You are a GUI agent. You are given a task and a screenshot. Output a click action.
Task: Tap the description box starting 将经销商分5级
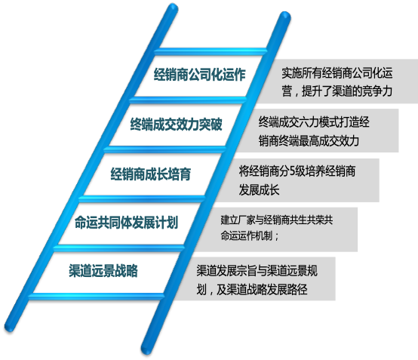click(x=306, y=180)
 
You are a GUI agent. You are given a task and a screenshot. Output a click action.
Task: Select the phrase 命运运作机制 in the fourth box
click(x=249, y=235)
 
